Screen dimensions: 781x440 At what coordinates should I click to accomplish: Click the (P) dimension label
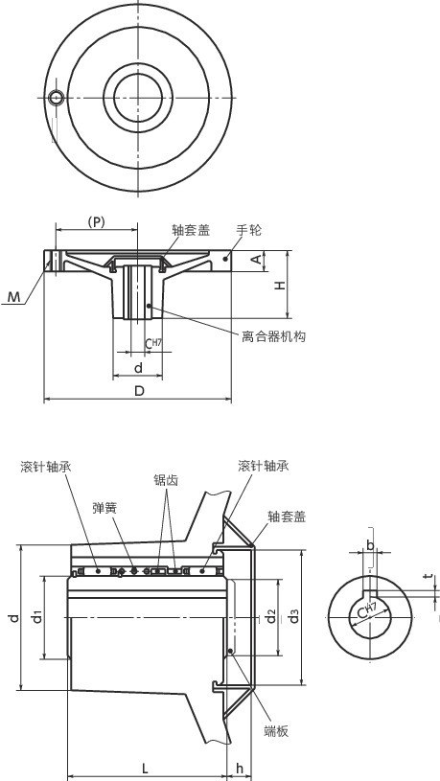pos(96,221)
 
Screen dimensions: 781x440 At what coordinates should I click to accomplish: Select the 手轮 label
pos(249,231)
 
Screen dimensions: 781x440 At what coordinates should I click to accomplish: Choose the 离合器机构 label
pos(273,335)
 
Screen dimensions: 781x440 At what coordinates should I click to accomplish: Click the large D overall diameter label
pos(139,391)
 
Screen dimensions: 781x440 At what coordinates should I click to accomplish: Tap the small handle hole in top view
pos(58,97)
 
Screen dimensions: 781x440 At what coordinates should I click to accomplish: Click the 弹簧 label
pos(104,508)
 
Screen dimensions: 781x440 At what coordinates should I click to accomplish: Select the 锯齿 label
pos(165,480)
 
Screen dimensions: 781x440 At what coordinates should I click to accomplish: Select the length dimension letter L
pos(144,768)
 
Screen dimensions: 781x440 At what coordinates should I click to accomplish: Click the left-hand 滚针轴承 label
pos(45,467)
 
